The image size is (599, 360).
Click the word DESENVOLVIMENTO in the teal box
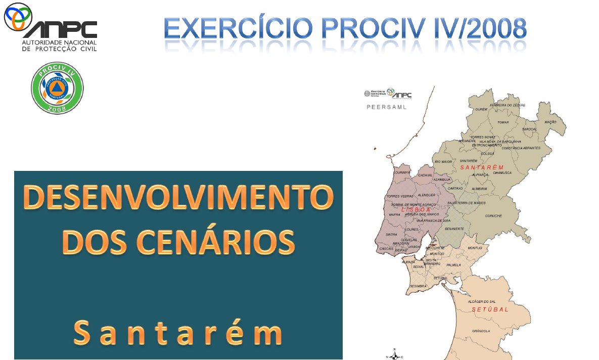178,198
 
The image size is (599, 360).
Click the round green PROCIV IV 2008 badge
58,88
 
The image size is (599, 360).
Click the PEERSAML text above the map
386,107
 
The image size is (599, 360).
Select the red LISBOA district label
416,209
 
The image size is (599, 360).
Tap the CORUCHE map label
493,216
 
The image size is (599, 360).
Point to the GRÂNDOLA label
481,331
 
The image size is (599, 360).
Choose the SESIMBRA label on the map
419,286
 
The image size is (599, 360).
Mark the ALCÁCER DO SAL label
482,301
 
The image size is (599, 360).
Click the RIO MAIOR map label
443,162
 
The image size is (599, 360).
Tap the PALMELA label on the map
454,265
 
